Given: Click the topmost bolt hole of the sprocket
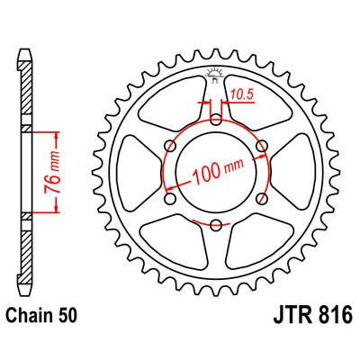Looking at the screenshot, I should click(216, 120).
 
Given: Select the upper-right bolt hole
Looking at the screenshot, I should click(261, 146).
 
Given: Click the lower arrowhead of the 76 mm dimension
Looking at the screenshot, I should click(57, 208).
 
